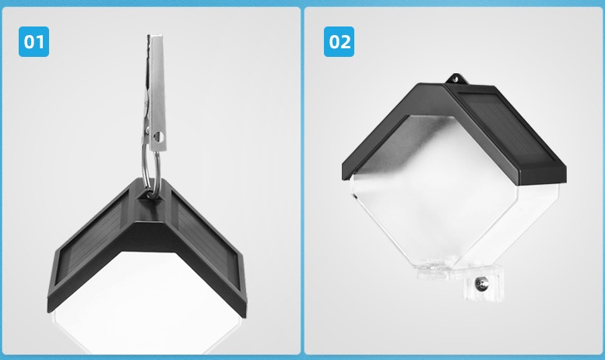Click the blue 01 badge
[x=34, y=42]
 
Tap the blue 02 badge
[x=339, y=42]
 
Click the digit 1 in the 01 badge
[x=41, y=42]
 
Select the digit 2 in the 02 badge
[x=346, y=42]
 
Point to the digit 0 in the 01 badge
[x=30, y=42]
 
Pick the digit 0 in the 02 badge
[x=335, y=42]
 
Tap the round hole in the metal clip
[x=158, y=136]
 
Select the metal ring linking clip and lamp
[x=150, y=170]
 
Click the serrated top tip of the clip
[x=149, y=37]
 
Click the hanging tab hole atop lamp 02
[x=456, y=79]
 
